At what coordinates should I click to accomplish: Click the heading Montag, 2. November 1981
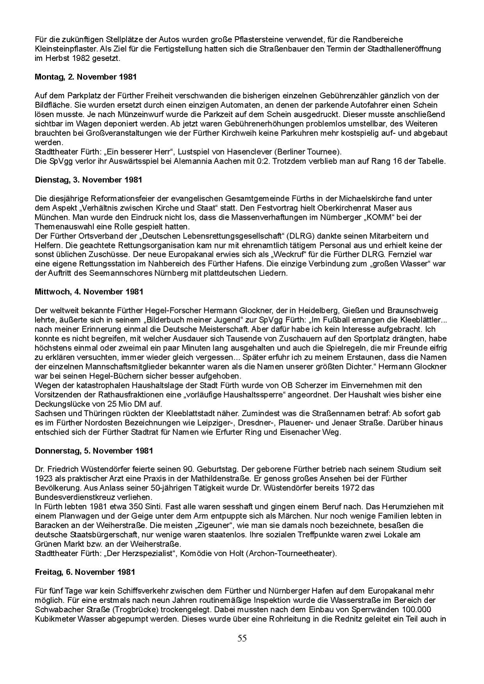[86, 77]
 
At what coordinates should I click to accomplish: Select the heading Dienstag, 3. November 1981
[88, 180]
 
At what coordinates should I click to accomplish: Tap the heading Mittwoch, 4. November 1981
[89, 291]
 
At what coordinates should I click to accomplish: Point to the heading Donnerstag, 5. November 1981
[94, 451]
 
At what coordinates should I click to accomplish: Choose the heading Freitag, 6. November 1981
[85, 572]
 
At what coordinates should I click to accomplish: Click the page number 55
[242, 638]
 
